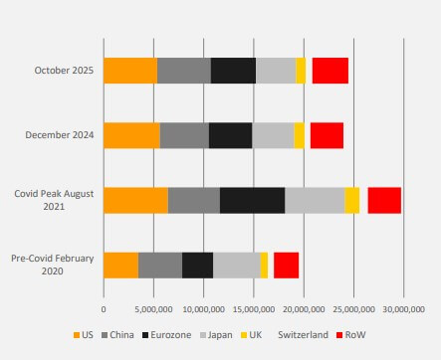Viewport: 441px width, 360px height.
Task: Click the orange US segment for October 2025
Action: (130, 71)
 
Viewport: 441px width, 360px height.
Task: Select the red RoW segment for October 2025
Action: (330, 71)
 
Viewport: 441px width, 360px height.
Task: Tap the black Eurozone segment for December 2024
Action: (230, 135)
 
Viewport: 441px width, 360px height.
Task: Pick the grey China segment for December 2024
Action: (184, 135)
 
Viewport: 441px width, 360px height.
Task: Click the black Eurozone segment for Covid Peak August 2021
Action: (252, 200)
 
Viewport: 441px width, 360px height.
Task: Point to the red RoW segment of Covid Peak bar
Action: (384, 200)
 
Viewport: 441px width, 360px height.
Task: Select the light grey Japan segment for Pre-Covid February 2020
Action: (236, 265)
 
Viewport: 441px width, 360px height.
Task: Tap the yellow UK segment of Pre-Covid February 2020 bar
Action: (264, 265)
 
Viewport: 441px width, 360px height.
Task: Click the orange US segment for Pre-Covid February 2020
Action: (120, 265)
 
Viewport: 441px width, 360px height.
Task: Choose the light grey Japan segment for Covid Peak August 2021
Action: (315, 200)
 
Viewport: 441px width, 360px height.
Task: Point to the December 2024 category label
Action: (62, 135)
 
